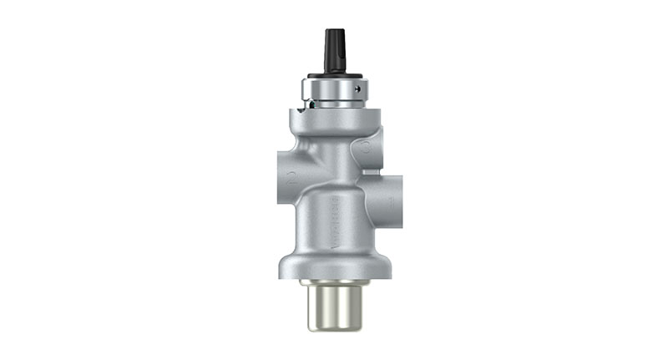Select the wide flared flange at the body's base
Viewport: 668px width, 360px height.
(333, 266)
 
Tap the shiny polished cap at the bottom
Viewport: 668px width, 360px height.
(333, 304)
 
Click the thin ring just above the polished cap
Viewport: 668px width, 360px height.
(333, 284)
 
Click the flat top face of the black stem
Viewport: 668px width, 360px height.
(334, 31)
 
